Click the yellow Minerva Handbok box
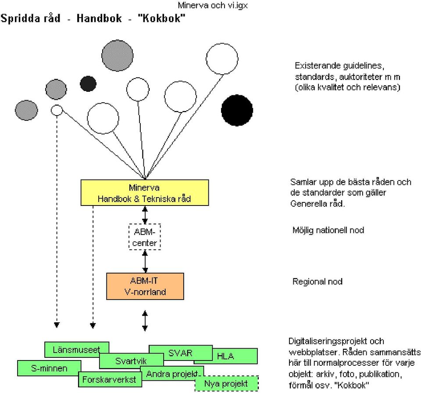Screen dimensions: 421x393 point(145,193)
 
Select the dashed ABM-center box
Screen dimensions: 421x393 point(145,237)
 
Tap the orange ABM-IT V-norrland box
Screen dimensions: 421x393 point(145,286)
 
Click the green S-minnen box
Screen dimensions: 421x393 point(49,368)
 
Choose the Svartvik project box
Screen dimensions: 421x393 point(131,361)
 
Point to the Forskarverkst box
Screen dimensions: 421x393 point(110,379)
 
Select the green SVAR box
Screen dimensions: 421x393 point(180,353)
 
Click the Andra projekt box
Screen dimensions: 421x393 point(172,374)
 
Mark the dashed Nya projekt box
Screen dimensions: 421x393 point(226,383)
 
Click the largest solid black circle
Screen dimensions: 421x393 point(237,110)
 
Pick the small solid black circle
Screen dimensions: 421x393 point(88,83)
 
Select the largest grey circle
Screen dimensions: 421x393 point(118,56)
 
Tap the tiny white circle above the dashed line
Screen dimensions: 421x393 point(57,110)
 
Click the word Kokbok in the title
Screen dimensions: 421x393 point(161,18)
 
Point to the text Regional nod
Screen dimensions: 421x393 point(318,281)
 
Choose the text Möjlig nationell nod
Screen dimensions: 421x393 point(328,231)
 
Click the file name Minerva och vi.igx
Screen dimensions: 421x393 point(213,5)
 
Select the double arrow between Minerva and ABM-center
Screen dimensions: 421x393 point(145,215)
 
